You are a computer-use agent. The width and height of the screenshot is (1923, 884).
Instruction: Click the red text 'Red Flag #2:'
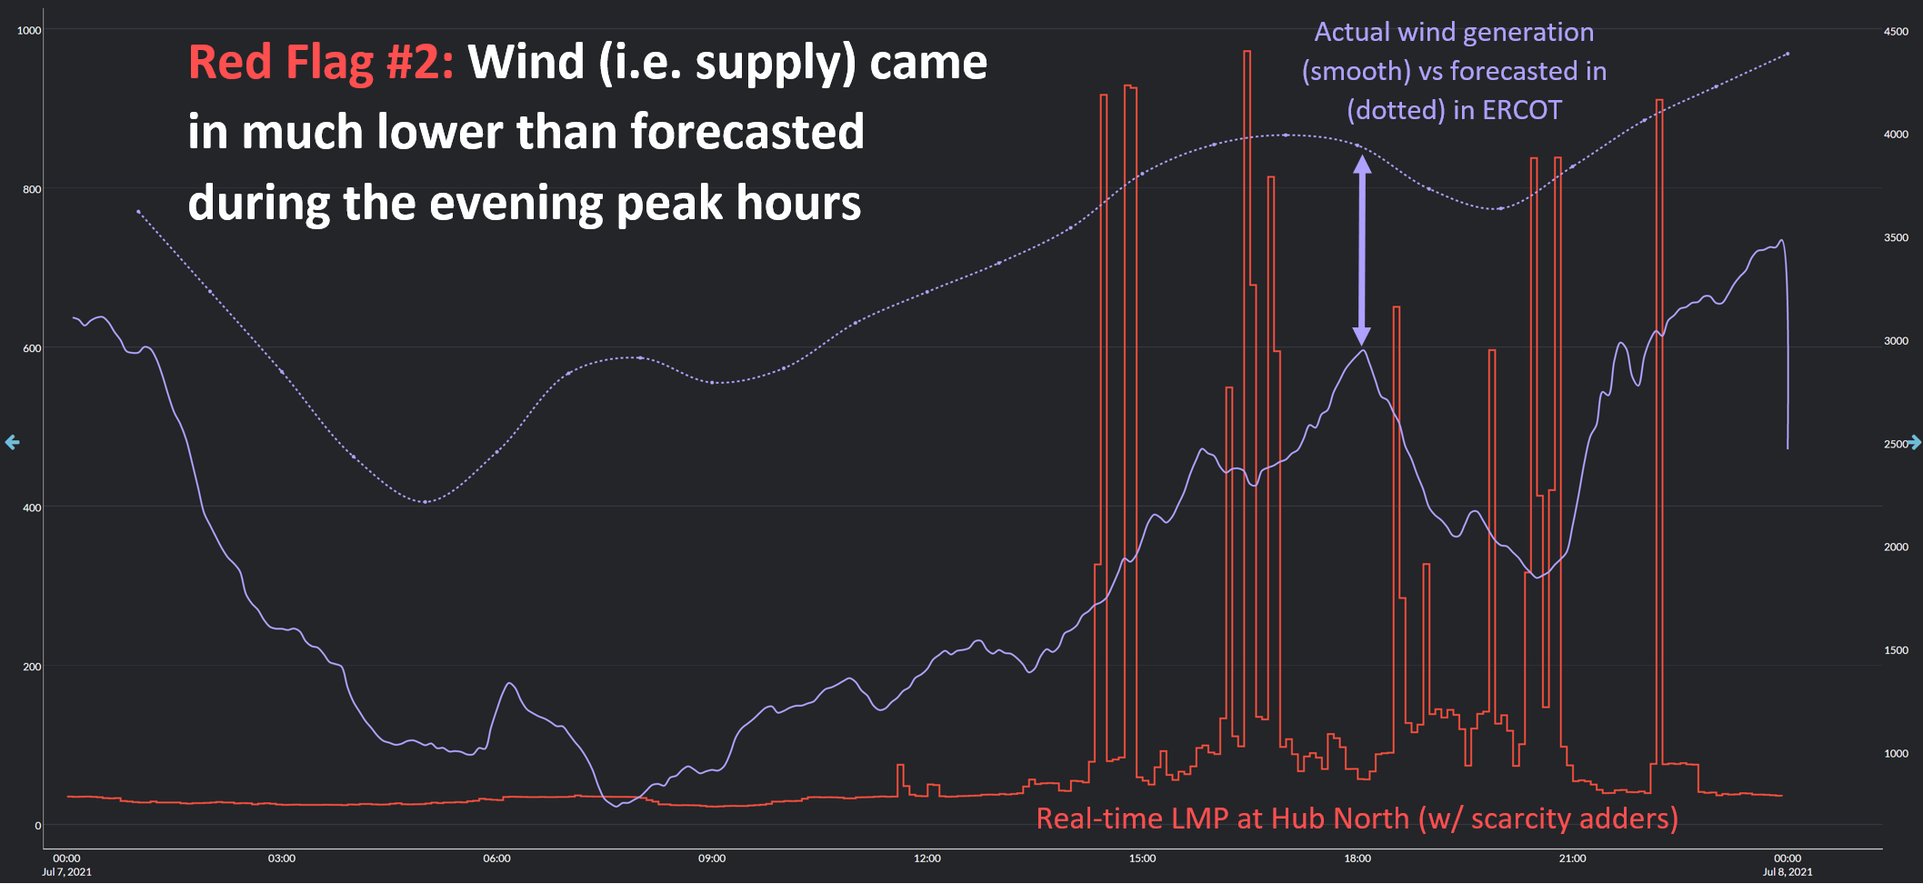click(320, 63)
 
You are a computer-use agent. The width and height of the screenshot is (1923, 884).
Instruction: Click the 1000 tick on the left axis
click(29, 31)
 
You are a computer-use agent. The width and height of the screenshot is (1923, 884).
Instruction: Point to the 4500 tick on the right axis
click(1896, 32)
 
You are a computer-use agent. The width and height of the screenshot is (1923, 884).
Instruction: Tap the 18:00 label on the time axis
click(1357, 859)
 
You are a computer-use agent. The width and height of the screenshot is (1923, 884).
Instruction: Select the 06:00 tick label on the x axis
click(496, 859)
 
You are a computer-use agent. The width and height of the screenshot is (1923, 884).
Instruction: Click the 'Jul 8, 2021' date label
click(1788, 872)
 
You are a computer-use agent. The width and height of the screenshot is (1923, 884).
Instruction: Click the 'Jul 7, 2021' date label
click(66, 872)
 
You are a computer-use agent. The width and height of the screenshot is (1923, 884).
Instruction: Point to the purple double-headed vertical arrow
click(1362, 249)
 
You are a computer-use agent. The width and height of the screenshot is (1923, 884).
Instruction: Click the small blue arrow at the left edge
click(12, 442)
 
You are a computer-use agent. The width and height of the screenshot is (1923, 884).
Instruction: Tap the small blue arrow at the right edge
click(1914, 442)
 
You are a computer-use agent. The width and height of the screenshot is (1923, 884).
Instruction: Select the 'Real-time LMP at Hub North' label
click(1222, 819)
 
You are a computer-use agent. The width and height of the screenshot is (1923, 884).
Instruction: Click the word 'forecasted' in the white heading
click(746, 132)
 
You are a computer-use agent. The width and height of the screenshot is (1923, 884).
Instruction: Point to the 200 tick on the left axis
click(32, 667)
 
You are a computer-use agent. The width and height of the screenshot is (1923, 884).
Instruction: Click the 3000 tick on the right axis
click(1896, 341)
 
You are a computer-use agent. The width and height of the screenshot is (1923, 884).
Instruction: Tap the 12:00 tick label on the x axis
click(927, 859)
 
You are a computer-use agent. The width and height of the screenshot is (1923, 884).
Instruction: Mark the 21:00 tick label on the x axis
click(1572, 859)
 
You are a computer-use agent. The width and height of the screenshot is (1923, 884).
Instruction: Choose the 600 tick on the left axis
click(32, 348)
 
